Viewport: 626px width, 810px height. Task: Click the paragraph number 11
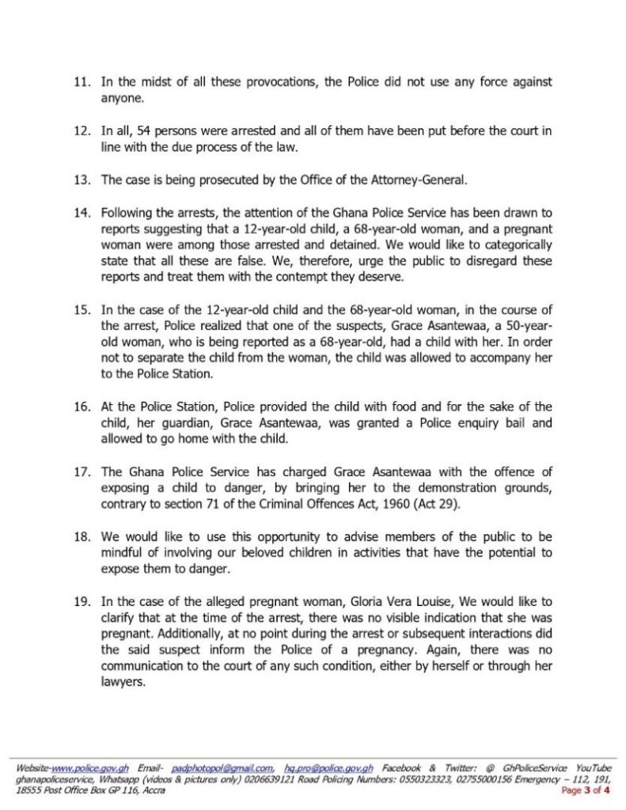82,81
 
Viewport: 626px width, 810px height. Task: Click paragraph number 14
82,214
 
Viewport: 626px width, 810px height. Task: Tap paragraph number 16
82,407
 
